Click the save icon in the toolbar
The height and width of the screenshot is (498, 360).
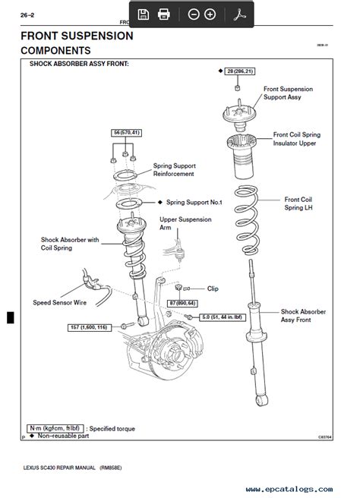click(x=143, y=14)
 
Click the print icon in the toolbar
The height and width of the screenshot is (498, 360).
click(x=163, y=14)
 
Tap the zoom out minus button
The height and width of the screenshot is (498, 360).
click(x=193, y=14)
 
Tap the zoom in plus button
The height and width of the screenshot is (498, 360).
click(x=210, y=14)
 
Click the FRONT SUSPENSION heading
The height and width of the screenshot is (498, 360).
click(x=77, y=36)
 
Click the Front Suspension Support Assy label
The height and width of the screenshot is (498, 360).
click(x=288, y=93)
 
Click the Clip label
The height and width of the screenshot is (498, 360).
click(x=212, y=288)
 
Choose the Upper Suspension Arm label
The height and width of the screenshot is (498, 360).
click(x=186, y=222)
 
